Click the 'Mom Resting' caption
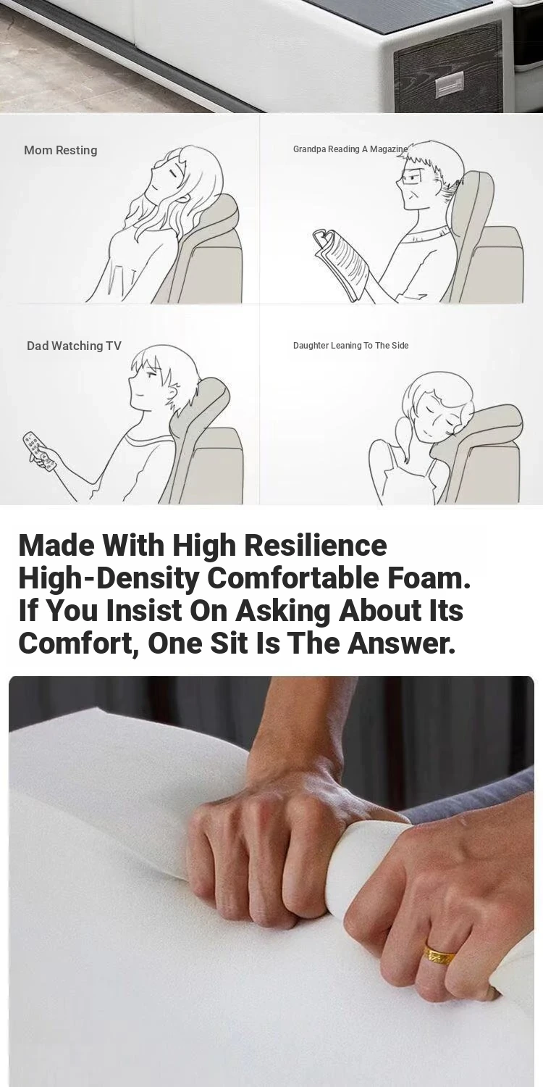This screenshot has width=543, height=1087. (61, 151)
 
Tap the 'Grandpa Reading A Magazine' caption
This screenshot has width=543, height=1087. (350, 149)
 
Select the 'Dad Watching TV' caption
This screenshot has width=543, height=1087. (74, 346)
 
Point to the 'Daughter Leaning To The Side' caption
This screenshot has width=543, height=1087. (350, 346)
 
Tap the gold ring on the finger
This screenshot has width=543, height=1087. (439, 955)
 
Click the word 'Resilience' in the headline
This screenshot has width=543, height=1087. (315, 545)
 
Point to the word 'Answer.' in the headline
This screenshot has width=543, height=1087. (402, 642)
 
